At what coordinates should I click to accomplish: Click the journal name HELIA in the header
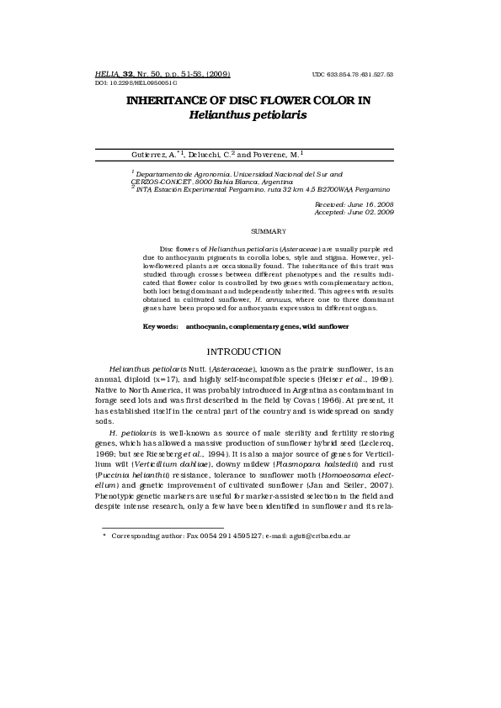(109, 74)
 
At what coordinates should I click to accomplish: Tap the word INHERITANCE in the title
(175, 100)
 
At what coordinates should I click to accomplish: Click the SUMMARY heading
(269, 230)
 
